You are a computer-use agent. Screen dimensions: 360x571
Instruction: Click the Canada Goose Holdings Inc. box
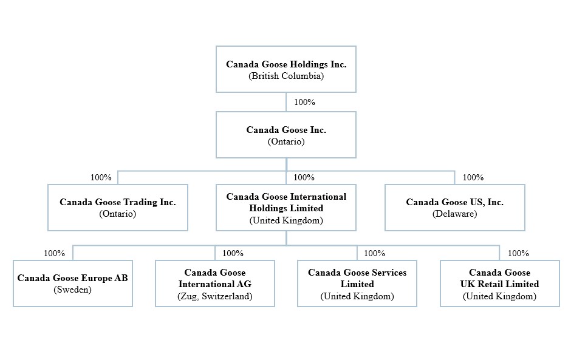pyautogui.click(x=286, y=69)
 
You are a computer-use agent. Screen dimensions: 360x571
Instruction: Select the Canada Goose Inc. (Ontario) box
pyautogui.click(x=286, y=135)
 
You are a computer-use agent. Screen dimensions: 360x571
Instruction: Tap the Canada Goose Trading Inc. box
pyautogui.click(x=118, y=208)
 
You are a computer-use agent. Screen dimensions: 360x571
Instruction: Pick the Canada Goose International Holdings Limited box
pyautogui.click(x=286, y=208)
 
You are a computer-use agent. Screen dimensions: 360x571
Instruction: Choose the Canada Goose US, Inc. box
pyautogui.click(x=454, y=208)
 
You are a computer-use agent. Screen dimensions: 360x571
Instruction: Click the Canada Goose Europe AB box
pyautogui.click(x=73, y=284)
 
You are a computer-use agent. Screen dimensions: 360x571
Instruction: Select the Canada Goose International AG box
pyautogui.click(x=215, y=284)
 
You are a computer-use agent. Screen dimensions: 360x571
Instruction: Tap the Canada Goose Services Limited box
pyautogui.click(x=357, y=284)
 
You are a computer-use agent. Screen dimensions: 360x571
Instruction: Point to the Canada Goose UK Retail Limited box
pyautogui.click(x=499, y=284)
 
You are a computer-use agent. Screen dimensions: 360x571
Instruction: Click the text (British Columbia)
pyautogui.click(x=286, y=76)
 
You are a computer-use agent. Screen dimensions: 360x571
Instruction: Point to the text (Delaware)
pyautogui.click(x=454, y=214)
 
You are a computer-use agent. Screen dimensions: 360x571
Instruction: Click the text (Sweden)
pyautogui.click(x=72, y=290)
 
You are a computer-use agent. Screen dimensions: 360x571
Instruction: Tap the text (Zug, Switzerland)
pyautogui.click(x=215, y=296)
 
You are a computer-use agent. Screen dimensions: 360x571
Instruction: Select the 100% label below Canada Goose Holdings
pyautogui.click(x=304, y=102)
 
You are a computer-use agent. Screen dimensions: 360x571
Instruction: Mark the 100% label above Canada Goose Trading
pyautogui.click(x=101, y=177)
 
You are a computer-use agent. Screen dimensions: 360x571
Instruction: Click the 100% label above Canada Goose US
pyautogui.click(x=473, y=177)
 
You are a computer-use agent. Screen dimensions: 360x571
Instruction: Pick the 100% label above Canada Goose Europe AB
pyautogui.click(x=54, y=253)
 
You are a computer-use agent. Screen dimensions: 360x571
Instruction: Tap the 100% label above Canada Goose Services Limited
pyautogui.click(x=374, y=253)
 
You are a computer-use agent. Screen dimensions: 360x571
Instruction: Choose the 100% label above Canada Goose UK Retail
pyautogui.click(x=518, y=253)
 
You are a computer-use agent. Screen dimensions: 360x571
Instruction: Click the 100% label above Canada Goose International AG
pyautogui.click(x=233, y=253)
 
